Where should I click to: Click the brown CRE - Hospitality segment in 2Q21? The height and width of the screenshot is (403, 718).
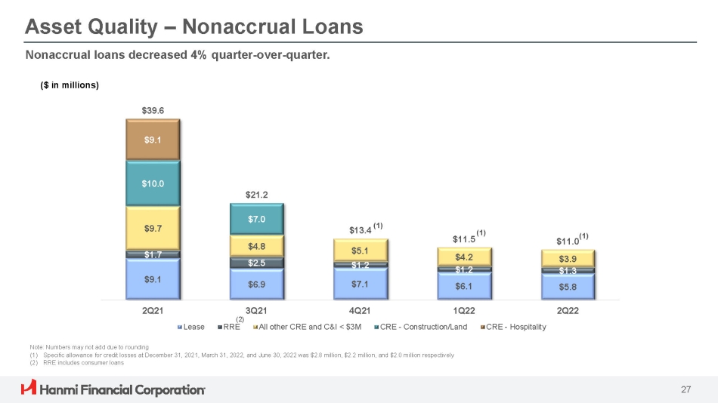(x=153, y=140)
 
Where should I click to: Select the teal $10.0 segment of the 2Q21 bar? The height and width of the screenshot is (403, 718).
(x=153, y=183)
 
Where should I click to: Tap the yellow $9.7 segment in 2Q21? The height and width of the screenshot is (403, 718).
(x=153, y=228)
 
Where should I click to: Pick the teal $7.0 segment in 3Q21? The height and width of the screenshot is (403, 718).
(x=257, y=219)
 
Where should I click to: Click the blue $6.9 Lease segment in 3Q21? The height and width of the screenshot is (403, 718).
(x=257, y=284)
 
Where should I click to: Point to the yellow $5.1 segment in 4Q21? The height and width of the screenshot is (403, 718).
(x=361, y=251)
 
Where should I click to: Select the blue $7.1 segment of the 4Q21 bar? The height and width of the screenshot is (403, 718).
(x=361, y=284)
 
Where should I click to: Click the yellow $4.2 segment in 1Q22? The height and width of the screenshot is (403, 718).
(x=464, y=257)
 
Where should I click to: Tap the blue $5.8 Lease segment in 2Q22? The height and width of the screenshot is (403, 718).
(x=568, y=287)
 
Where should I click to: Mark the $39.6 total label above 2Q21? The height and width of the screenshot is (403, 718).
(x=153, y=111)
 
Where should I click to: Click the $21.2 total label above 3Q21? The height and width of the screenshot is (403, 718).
(x=257, y=195)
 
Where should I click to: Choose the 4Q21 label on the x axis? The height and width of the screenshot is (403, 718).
(x=360, y=311)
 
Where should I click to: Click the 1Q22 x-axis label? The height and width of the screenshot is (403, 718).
(x=464, y=311)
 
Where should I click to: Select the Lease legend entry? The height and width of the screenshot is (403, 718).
(x=191, y=327)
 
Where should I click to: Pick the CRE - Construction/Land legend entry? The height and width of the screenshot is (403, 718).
(x=421, y=327)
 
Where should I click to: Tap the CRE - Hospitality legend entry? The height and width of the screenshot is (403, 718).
(x=513, y=327)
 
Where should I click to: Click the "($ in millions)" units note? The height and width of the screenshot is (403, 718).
(x=70, y=85)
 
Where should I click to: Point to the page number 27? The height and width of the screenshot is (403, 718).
(x=686, y=389)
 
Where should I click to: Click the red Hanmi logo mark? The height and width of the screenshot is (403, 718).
(x=29, y=387)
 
